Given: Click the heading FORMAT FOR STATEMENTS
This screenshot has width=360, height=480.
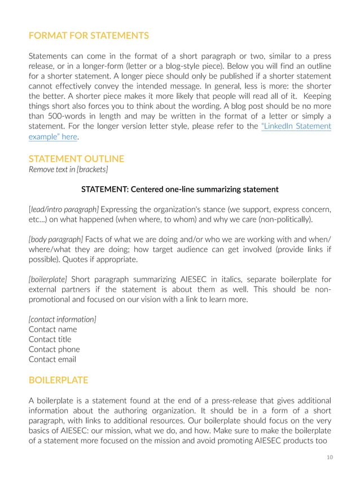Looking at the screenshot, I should pyautogui.click(x=89, y=36).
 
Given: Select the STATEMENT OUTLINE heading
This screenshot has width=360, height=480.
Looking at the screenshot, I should pyautogui.click(x=76, y=158).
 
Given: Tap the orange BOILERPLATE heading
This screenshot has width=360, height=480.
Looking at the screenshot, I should pyautogui.click(x=58, y=380).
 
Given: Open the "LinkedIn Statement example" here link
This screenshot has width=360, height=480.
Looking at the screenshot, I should pyautogui.click(x=296, y=126).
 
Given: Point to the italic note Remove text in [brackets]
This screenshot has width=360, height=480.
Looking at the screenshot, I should pyautogui.click(x=68, y=170).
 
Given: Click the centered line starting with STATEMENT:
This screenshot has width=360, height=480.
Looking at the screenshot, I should pyautogui.click(x=179, y=189).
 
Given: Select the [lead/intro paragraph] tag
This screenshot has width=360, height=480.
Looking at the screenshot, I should pyautogui.click(x=64, y=210).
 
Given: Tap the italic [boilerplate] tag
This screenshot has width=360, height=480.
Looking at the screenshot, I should pyautogui.click(x=48, y=279).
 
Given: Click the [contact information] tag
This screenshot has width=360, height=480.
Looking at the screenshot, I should pyautogui.click(x=62, y=319).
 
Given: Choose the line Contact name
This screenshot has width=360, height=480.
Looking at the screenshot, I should pyautogui.click(x=52, y=329).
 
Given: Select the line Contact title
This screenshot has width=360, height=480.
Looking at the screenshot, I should pyautogui.click(x=50, y=340).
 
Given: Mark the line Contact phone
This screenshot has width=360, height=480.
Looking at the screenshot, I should pyautogui.click(x=54, y=349).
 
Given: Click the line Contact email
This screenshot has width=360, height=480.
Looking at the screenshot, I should pyautogui.click(x=52, y=359).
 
